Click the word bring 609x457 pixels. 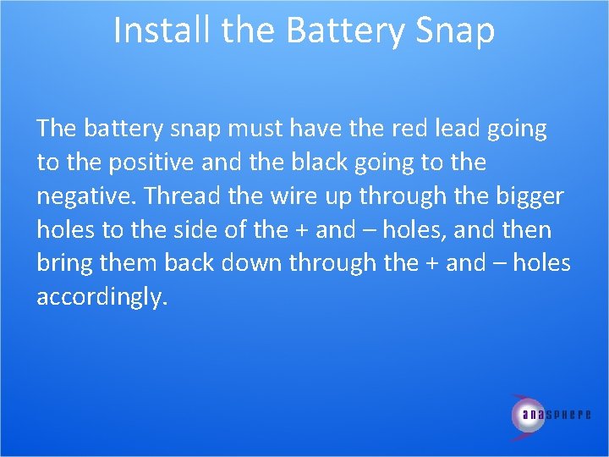click(x=65, y=263)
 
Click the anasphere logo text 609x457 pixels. click(x=556, y=415)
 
